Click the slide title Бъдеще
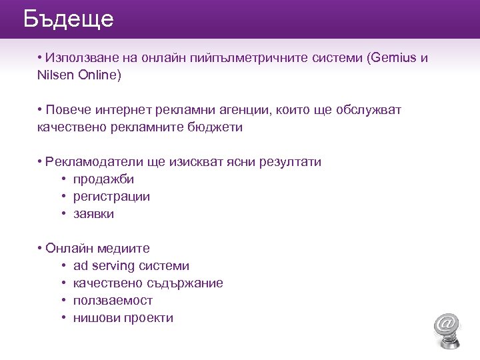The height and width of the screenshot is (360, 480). (x=68, y=19)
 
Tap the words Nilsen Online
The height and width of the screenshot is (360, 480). (x=79, y=75)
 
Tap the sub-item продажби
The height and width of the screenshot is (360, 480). (x=103, y=179)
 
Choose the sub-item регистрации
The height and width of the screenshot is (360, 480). (x=111, y=197)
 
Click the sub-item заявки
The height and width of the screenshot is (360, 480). (x=93, y=214)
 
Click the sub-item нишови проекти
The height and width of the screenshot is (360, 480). (x=123, y=318)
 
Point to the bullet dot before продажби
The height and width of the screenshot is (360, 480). (x=63, y=179)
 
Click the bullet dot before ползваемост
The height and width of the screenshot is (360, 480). (x=63, y=301)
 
